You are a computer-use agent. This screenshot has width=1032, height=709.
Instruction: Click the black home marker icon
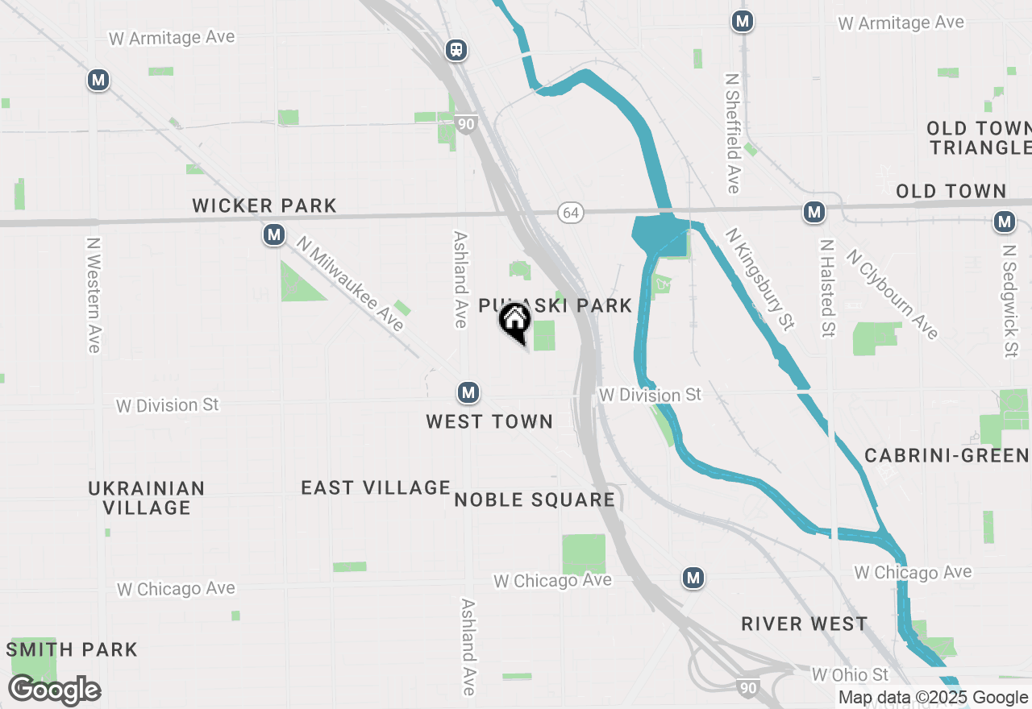click(x=514, y=321)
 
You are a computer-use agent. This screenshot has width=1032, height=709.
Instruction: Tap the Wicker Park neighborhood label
click(x=264, y=205)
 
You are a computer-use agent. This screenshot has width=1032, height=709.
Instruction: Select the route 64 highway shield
click(x=571, y=213)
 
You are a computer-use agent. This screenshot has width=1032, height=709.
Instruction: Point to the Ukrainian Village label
click(x=146, y=498)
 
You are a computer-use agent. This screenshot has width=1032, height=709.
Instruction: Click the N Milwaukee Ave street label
click(x=350, y=283)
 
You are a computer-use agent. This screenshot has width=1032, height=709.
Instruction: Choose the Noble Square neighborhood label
click(x=535, y=500)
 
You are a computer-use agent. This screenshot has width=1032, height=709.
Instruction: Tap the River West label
click(x=804, y=624)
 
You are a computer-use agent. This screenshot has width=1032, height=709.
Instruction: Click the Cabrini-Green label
click(x=947, y=455)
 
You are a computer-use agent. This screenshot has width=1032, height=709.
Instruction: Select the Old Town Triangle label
click(x=979, y=138)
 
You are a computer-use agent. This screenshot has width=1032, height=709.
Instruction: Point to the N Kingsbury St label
click(x=759, y=279)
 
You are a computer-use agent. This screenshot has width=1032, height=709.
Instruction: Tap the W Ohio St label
click(x=850, y=674)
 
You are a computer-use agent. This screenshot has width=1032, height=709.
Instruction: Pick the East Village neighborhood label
click(x=376, y=487)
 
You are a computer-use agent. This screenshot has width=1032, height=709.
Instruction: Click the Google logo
click(x=54, y=690)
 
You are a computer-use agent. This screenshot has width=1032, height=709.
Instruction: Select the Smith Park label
click(x=73, y=649)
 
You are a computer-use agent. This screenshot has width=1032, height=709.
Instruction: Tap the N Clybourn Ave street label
click(x=892, y=294)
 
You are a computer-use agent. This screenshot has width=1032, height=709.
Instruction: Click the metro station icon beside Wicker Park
click(x=275, y=235)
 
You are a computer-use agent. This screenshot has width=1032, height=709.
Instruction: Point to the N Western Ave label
click(x=94, y=294)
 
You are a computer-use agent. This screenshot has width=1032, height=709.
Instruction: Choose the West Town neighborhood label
click(x=489, y=421)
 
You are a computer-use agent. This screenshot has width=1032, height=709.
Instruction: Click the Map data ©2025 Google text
click(x=933, y=698)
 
